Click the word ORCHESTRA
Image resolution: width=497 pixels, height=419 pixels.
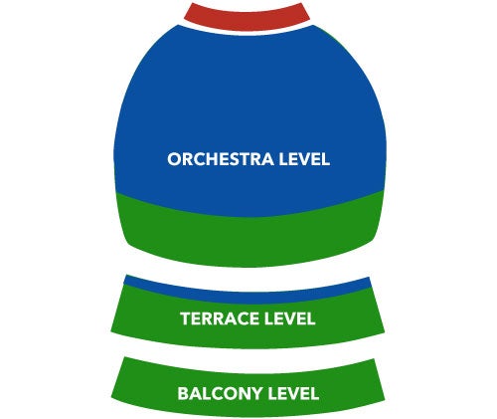221,159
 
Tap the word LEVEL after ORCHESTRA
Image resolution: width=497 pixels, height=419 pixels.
304,159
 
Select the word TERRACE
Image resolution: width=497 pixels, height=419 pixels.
219,318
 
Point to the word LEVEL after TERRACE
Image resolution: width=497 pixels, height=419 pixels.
288,318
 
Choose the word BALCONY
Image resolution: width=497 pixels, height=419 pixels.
221,393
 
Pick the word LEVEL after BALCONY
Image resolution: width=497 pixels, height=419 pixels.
293,393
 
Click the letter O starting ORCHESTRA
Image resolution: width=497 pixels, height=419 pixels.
175,159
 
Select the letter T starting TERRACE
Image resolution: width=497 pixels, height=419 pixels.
186,318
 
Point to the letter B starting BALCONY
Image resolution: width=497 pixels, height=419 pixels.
183,393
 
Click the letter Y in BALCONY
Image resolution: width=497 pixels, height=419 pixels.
257,393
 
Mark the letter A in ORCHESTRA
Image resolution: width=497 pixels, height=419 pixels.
267,159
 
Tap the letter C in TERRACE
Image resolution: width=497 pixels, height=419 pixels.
238,318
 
